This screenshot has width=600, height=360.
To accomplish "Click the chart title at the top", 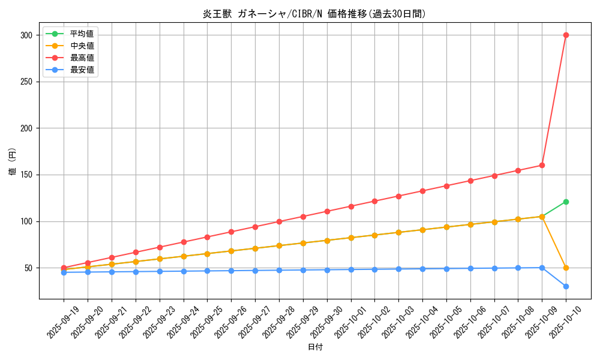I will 314,14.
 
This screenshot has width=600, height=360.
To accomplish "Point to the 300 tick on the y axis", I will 26,35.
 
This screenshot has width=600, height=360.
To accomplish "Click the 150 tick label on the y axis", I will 26,175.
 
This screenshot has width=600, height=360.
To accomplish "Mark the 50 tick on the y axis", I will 28,268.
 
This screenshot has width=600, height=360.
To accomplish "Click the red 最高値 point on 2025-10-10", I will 566,35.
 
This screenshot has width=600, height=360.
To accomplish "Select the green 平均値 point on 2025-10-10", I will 566,202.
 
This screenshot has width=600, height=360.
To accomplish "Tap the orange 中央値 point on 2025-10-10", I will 566,268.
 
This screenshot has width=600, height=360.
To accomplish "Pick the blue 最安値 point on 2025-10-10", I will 566,286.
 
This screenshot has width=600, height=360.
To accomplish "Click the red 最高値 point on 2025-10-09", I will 542,165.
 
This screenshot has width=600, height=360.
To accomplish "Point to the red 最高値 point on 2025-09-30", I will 327,211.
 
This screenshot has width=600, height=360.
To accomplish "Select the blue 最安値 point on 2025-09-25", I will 207,271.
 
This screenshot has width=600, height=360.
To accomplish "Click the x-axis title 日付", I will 315,347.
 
